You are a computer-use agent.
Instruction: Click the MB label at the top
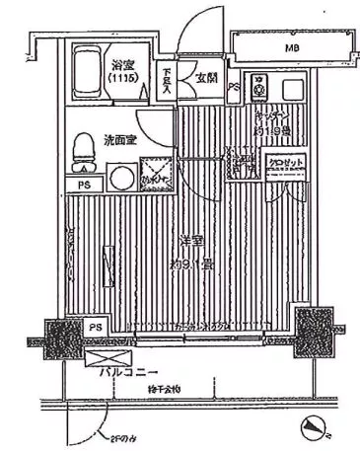(293, 48)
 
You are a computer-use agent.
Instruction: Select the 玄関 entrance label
(205, 77)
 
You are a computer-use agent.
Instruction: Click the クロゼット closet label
(283, 162)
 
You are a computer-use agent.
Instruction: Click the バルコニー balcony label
(128, 374)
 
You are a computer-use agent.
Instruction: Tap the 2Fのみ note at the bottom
(117, 437)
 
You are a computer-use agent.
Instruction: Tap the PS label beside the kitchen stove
(234, 87)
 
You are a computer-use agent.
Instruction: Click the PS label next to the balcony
(96, 328)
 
